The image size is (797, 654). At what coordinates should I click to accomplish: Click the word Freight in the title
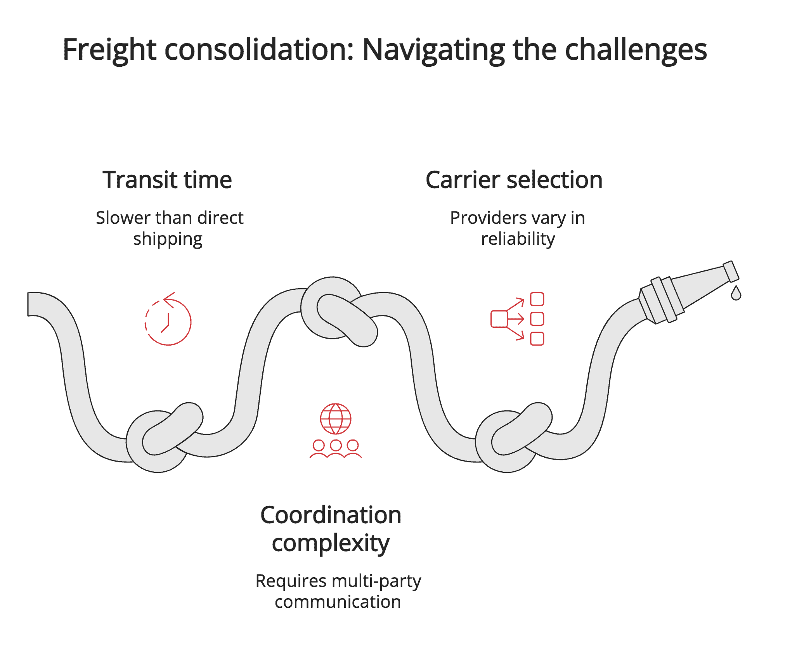click(109, 50)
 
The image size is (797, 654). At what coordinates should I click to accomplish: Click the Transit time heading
click(167, 180)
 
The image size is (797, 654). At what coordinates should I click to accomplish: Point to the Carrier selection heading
click(514, 180)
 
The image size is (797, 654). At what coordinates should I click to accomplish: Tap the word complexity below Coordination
click(331, 543)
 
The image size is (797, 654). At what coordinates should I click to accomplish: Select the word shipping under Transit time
click(168, 239)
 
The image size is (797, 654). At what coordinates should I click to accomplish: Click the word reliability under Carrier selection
click(518, 239)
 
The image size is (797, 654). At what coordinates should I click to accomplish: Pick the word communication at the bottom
click(338, 602)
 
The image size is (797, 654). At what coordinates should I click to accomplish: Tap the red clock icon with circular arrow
click(168, 320)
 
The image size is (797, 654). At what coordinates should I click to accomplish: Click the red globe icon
click(336, 419)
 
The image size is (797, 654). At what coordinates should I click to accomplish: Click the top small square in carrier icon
click(537, 299)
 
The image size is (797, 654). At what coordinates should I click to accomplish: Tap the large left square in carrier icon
click(499, 319)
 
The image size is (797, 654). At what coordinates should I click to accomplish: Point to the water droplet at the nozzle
click(736, 294)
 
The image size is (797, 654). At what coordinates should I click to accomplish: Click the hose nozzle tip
click(731, 271)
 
